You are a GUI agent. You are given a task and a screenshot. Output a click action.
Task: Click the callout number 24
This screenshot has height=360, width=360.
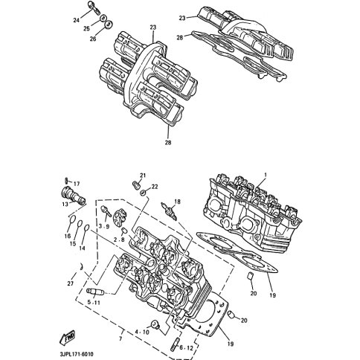point(76,20)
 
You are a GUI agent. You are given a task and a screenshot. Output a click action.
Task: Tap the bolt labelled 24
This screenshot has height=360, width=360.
point(94,7)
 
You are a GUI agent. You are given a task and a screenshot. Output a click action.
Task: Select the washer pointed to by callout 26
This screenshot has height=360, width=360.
point(109,25)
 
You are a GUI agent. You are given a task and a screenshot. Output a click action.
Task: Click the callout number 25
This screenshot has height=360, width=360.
point(86,29)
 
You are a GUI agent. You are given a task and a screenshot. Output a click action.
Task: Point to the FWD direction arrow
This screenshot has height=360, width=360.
point(68,337)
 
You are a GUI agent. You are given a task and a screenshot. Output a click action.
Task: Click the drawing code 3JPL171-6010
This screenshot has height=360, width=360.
point(77,354)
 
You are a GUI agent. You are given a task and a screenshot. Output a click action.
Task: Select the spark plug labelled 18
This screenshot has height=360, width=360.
point(169,210)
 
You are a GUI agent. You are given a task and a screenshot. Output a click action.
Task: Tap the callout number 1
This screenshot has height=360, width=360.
point(265,175)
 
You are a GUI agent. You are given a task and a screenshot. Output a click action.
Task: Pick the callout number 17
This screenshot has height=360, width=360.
point(77,184)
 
